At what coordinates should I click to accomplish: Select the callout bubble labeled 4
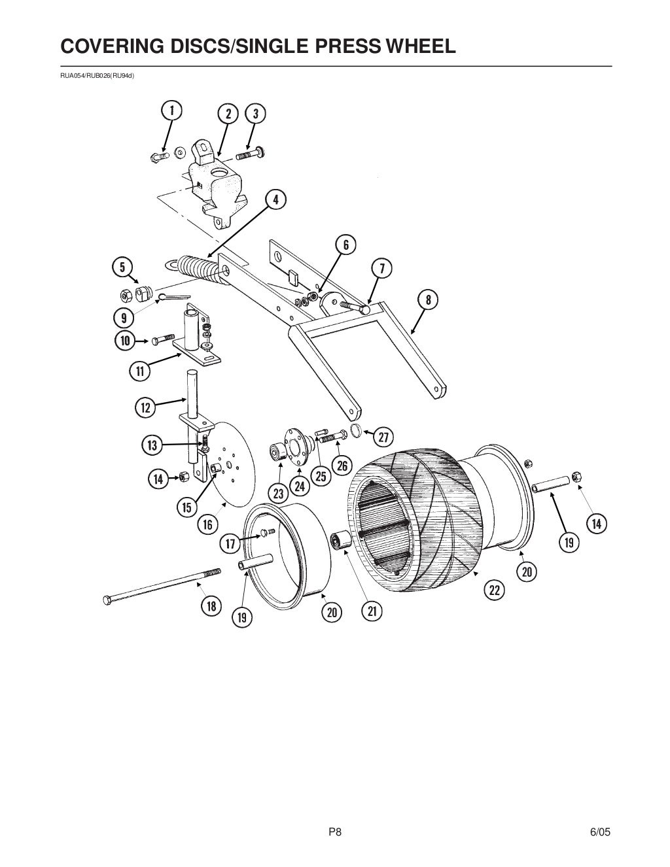coord(275,199)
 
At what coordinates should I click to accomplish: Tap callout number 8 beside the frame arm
coord(428,300)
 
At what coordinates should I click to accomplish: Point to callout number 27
coord(383,435)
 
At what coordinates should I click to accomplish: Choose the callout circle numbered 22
coord(494,590)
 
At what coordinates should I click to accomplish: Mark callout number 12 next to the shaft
coord(145,408)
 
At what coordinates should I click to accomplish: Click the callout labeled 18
coord(211,606)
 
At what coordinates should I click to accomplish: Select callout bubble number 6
coord(346,245)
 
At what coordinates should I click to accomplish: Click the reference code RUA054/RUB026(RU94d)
coord(97,75)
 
